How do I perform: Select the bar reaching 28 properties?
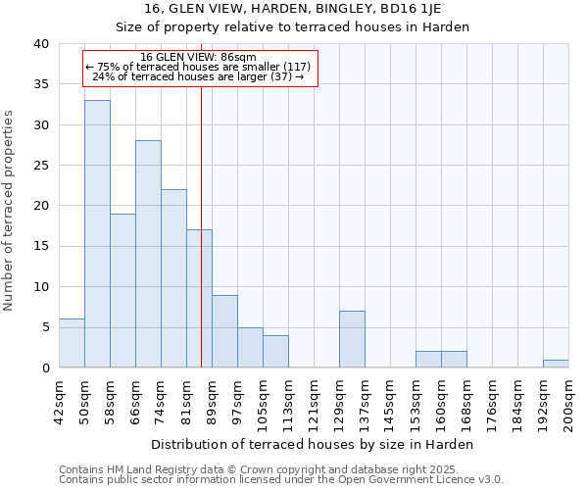[x=148, y=254]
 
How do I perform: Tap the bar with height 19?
[x=122, y=290]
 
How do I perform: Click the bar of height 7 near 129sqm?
[x=352, y=339]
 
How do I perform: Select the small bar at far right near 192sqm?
[x=556, y=364]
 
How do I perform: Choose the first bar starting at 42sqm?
[x=72, y=343]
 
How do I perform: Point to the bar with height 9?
[x=224, y=331]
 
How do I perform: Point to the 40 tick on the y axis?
[x=41, y=44]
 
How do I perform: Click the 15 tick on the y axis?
[x=41, y=246]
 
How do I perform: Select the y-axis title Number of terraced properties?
[x=9, y=210]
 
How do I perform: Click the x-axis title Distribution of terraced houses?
[x=314, y=444]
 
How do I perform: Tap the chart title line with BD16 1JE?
[x=293, y=9]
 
